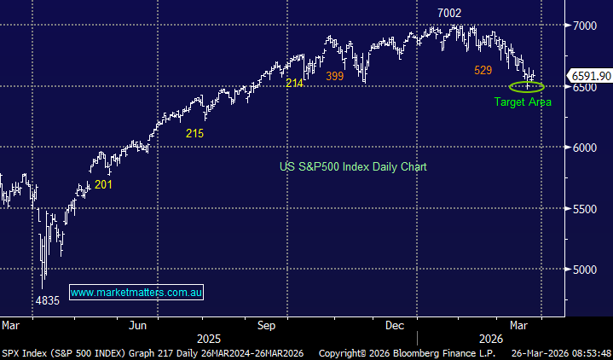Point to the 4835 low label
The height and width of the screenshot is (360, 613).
pos(46,301)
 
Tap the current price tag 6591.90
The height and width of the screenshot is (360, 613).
pos(590,76)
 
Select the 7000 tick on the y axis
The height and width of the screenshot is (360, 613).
pos(587,26)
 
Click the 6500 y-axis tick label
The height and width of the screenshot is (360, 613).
pos(587,87)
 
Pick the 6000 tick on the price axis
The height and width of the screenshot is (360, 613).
pos(587,148)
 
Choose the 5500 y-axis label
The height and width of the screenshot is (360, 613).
pos(587,208)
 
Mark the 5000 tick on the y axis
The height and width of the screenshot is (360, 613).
pos(587,270)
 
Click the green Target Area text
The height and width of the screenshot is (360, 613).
pos(523,102)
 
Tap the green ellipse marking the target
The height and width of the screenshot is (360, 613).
pos(526,86)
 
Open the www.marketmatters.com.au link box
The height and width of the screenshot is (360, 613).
pos(136,293)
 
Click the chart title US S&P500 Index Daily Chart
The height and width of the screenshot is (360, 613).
pos(353,166)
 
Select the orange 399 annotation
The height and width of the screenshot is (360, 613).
pos(334,77)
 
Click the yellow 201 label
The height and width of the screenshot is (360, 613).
pos(103,183)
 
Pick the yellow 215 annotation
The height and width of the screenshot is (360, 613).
pos(194,134)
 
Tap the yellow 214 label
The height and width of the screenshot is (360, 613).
pos(294,83)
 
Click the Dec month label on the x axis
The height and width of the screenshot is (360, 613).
pos(394,325)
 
